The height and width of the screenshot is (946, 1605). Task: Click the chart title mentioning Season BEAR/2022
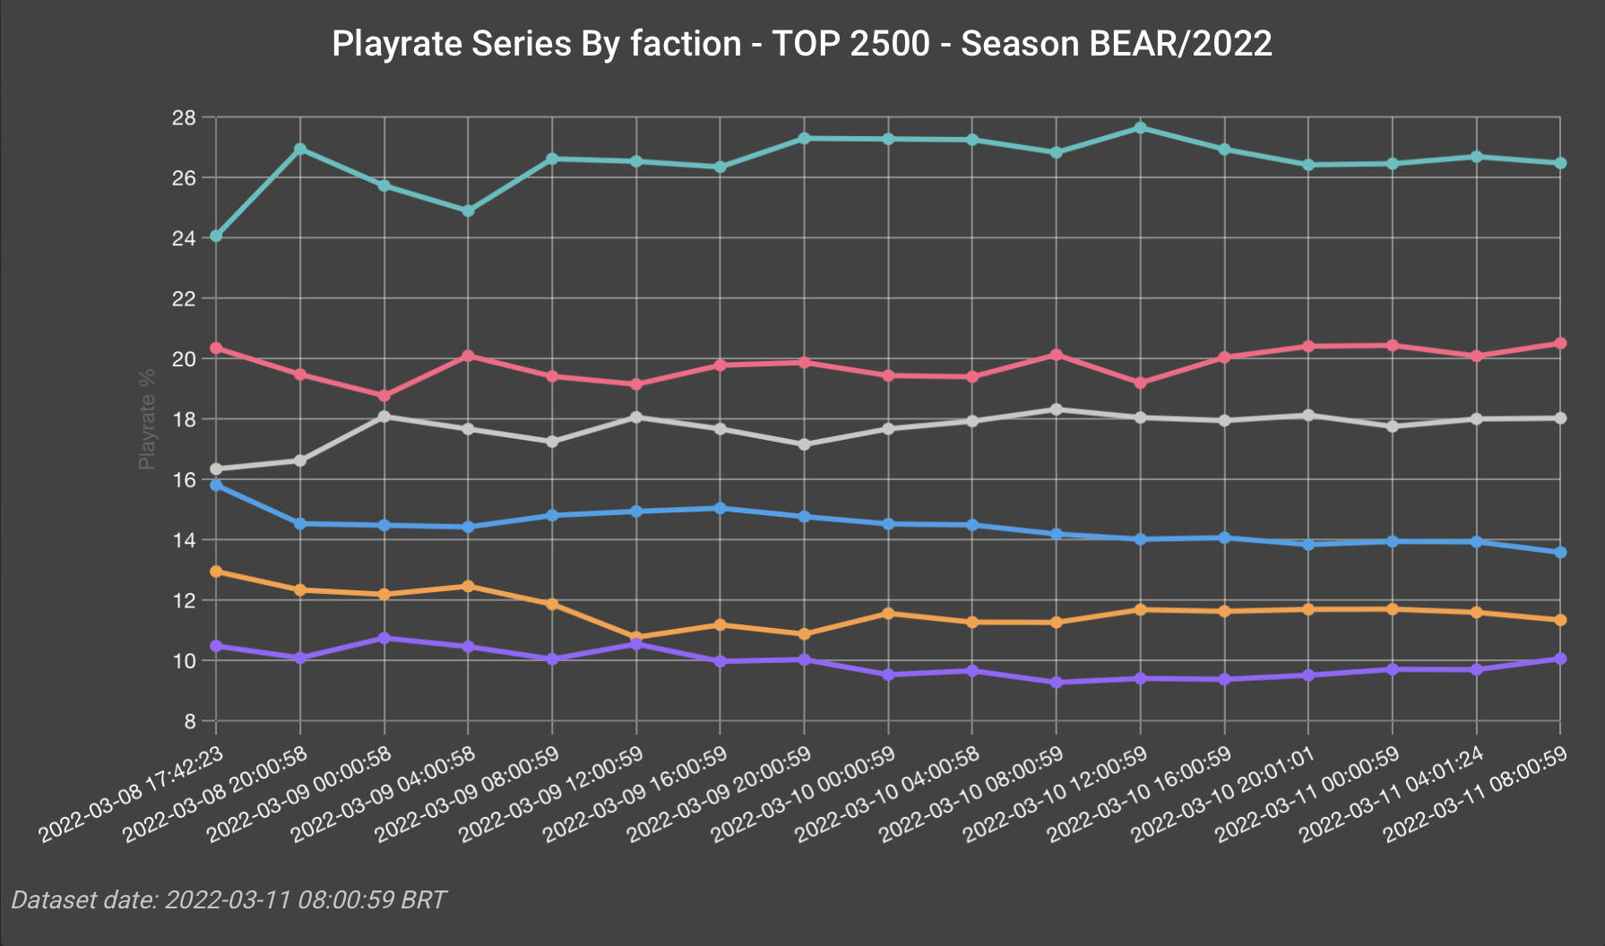tap(801, 44)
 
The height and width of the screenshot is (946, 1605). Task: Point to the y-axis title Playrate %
tap(147, 419)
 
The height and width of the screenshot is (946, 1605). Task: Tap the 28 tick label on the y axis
tap(184, 118)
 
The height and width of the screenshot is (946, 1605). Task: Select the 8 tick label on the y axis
tap(189, 721)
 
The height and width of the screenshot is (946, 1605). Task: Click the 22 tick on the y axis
tap(184, 298)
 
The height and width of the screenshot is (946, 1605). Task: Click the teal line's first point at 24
tap(216, 236)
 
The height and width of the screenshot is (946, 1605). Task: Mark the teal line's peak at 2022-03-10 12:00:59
tap(1140, 128)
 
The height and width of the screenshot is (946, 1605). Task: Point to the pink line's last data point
tap(1560, 343)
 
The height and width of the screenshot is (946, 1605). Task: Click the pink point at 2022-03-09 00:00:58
tap(384, 396)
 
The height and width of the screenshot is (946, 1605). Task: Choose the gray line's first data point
tap(216, 469)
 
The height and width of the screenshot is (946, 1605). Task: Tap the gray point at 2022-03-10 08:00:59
tap(1056, 409)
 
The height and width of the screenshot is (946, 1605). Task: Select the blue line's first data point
tap(216, 485)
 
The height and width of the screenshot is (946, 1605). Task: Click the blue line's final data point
tap(1560, 553)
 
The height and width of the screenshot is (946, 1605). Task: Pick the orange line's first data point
tap(216, 571)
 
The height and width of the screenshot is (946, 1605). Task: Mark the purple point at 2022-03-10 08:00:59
tap(1056, 683)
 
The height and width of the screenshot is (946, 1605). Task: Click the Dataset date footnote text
tap(229, 899)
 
